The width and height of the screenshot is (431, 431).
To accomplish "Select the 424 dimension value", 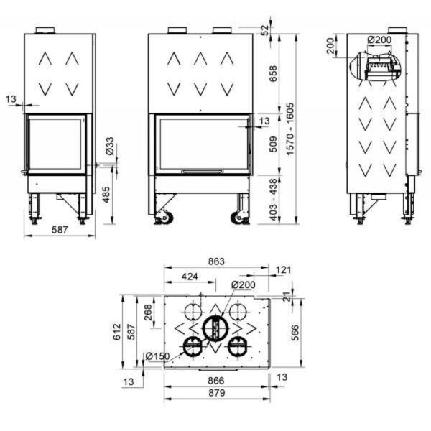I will pos(190,276).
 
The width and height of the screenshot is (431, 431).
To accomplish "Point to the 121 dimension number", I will pos(283,270).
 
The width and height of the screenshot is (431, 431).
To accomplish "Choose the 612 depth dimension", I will pos(116,331).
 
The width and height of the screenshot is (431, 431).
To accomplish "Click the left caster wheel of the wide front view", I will pos(164,215).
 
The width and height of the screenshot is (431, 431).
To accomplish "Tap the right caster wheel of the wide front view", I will pos(237,215).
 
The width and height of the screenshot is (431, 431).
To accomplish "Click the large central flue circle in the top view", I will pos(213,328).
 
